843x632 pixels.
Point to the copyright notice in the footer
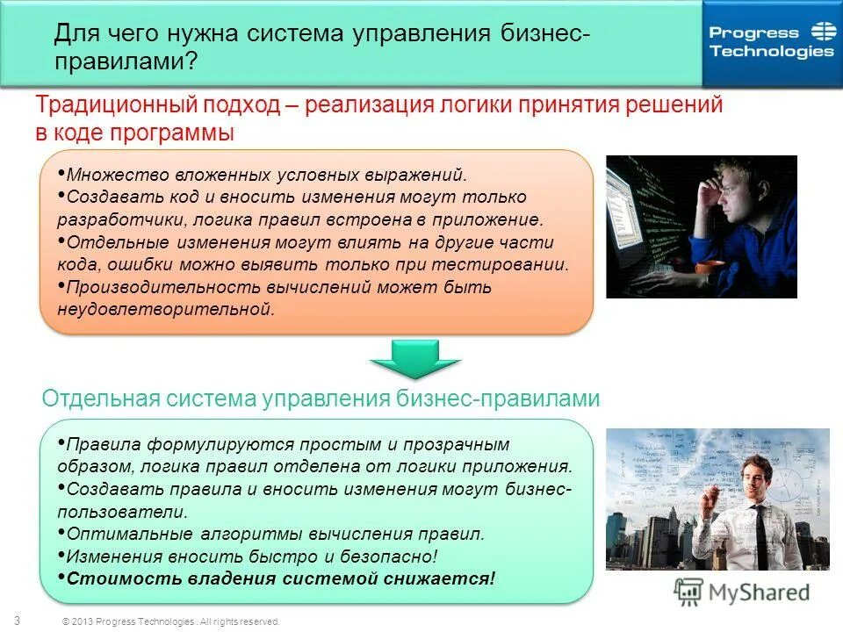point(170,621)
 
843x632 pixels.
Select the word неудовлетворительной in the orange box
point(167,309)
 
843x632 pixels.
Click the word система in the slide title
point(295,35)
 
